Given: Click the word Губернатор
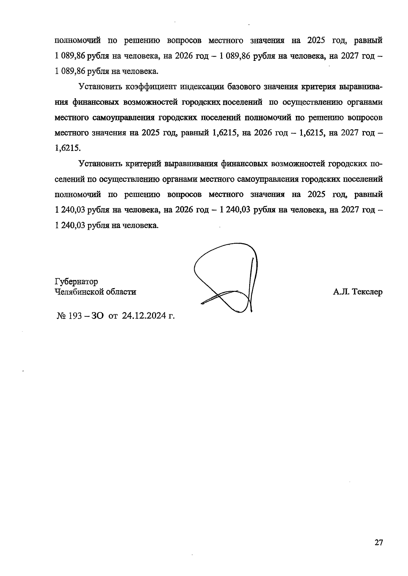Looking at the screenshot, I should coord(76,282).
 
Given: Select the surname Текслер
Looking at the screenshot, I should coord(368,292).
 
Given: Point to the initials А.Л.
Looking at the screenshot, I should coord(341,292).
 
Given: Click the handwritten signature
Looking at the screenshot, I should coord(226,279).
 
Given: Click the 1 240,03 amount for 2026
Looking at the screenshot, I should coord(235,210).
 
